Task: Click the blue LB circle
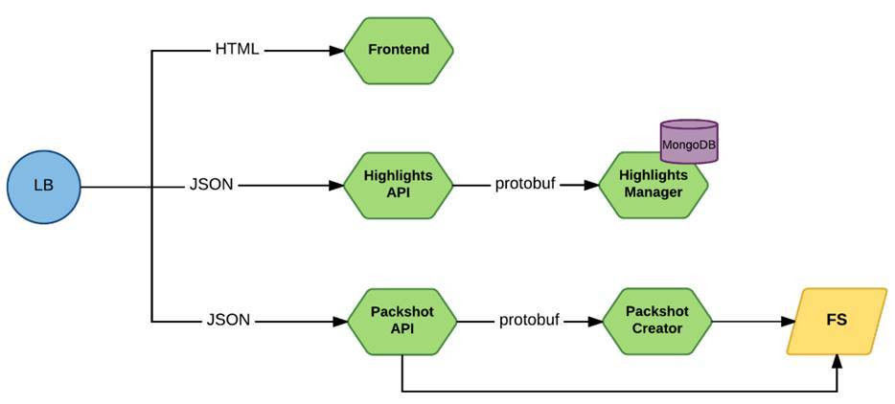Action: [44, 187]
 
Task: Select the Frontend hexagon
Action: [399, 50]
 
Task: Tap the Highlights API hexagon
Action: [399, 186]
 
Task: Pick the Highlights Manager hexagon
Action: [653, 186]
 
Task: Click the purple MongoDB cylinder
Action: [688, 142]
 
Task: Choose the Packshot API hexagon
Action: [402, 322]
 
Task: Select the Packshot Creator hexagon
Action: [657, 322]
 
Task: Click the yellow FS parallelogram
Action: [837, 322]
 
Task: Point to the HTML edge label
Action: [237, 50]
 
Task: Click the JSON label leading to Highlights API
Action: [211, 186]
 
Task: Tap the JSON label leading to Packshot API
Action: [228, 320]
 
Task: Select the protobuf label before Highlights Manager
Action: [525, 186]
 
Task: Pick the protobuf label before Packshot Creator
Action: [529, 321]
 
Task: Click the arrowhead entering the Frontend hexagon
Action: [336, 50]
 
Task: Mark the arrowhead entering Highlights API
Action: [336, 186]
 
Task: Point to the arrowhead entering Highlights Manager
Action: [591, 186]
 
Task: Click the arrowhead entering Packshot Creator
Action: [596, 322]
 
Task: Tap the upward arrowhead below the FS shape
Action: [837, 361]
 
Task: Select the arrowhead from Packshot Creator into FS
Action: [789, 322]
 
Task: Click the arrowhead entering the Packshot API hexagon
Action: [341, 322]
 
